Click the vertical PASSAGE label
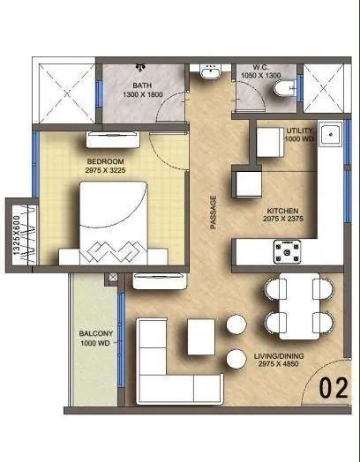click(214, 212)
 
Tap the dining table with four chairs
click(296, 304)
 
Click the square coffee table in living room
click(201, 336)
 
